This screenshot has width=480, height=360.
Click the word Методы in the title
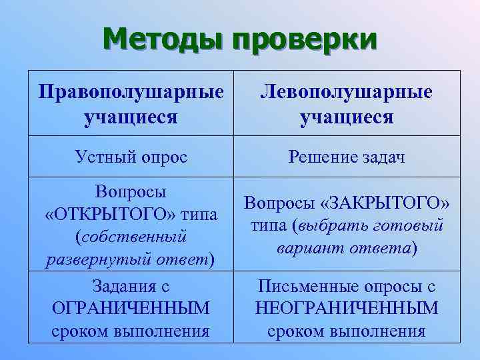(163, 39)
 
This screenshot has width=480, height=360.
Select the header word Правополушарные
(131, 91)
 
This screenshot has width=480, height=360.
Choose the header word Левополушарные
(347, 91)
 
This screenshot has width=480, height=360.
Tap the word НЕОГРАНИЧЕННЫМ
(347, 309)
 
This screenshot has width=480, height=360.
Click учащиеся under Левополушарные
(347, 117)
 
